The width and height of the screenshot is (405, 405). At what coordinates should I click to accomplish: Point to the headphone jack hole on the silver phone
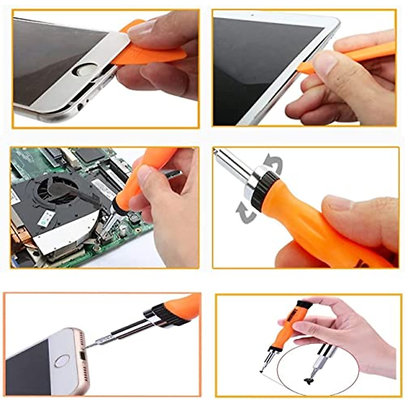tap(80, 107)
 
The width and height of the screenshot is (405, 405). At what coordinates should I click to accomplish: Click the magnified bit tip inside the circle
tap(308, 380)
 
